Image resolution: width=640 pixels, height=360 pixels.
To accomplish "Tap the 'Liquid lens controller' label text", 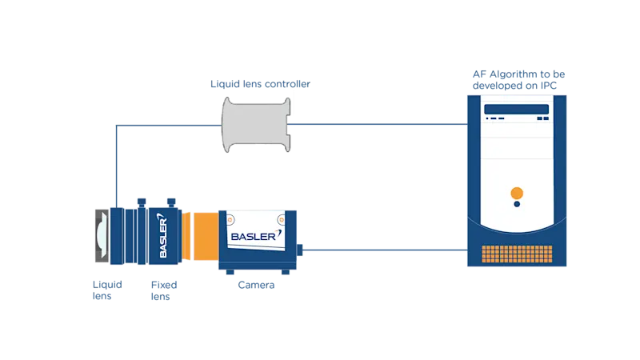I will [x=261, y=84].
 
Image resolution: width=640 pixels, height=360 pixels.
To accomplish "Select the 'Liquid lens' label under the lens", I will [x=106, y=290].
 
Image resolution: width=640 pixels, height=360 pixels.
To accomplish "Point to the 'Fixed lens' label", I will [x=164, y=290].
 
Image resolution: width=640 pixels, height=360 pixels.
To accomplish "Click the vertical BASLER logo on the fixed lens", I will [x=162, y=238].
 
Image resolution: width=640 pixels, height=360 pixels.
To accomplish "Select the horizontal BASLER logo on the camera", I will [x=253, y=237].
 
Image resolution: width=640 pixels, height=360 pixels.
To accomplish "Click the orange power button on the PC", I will [x=517, y=192].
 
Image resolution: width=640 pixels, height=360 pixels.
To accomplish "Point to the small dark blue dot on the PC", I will [x=517, y=205].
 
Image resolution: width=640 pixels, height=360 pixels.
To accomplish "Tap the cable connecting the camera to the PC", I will [x=384, y=250].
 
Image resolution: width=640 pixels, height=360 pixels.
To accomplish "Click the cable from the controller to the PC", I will [x=376, y=124].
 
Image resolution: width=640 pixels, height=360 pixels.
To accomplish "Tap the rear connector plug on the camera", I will [x=305, y=250].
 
